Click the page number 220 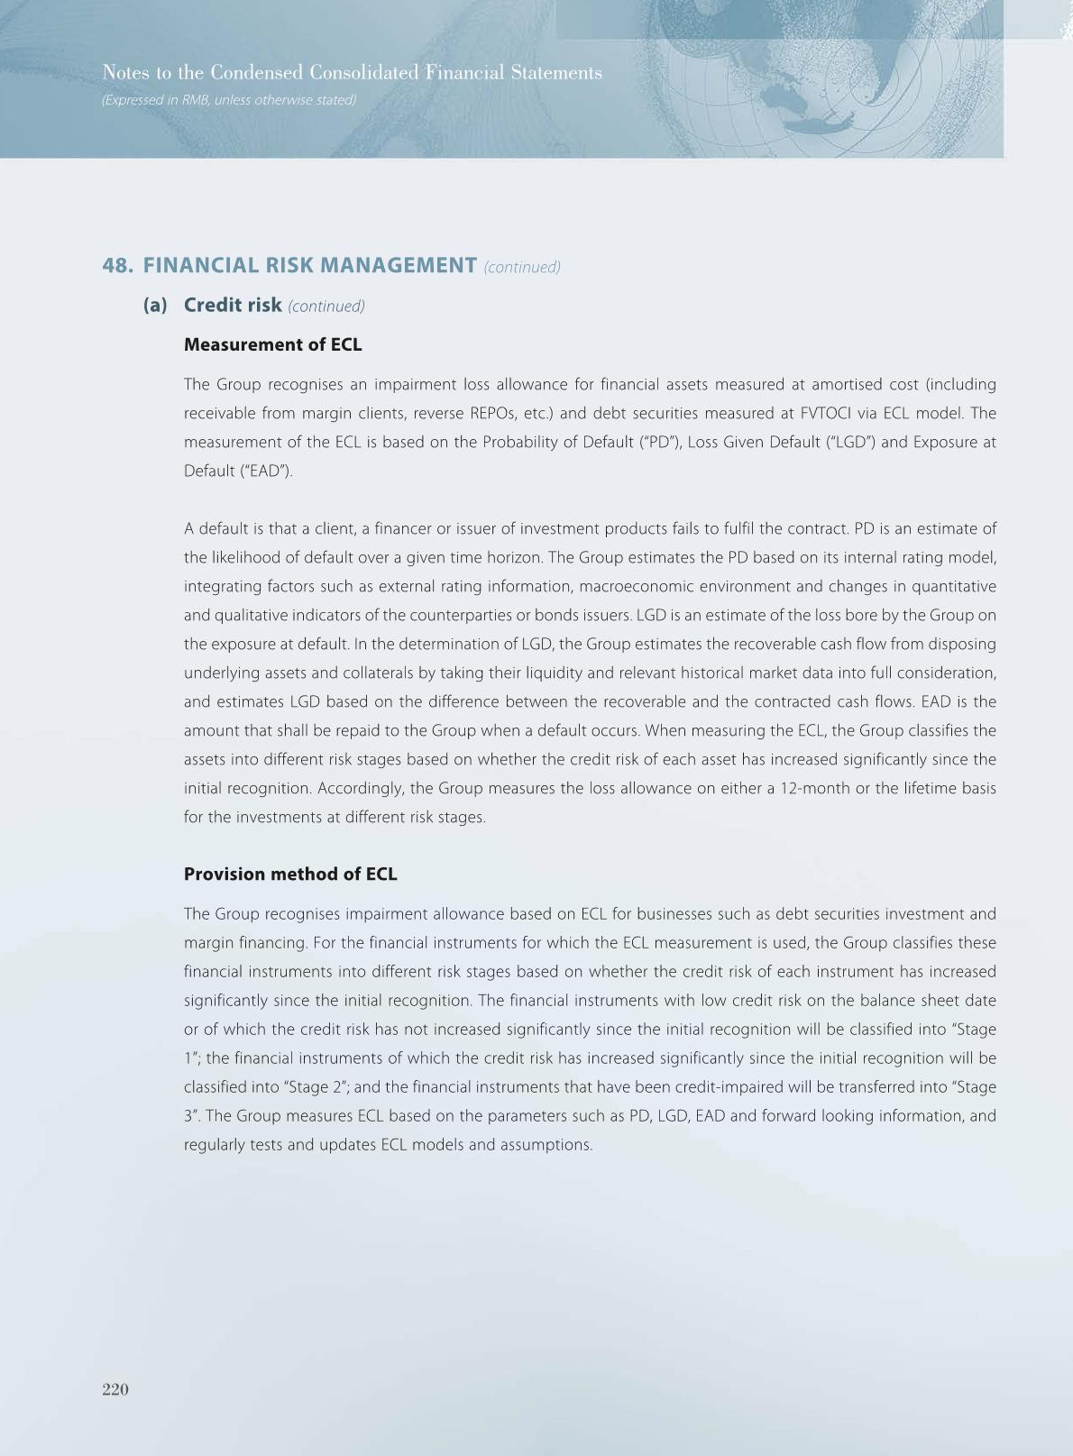coord(115,1389)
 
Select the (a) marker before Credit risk coord(155,305)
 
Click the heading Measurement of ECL coord(272,344)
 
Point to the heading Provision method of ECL coord(290,874)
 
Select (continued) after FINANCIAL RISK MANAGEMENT coord(522,267)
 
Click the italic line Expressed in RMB coord(229,100)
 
